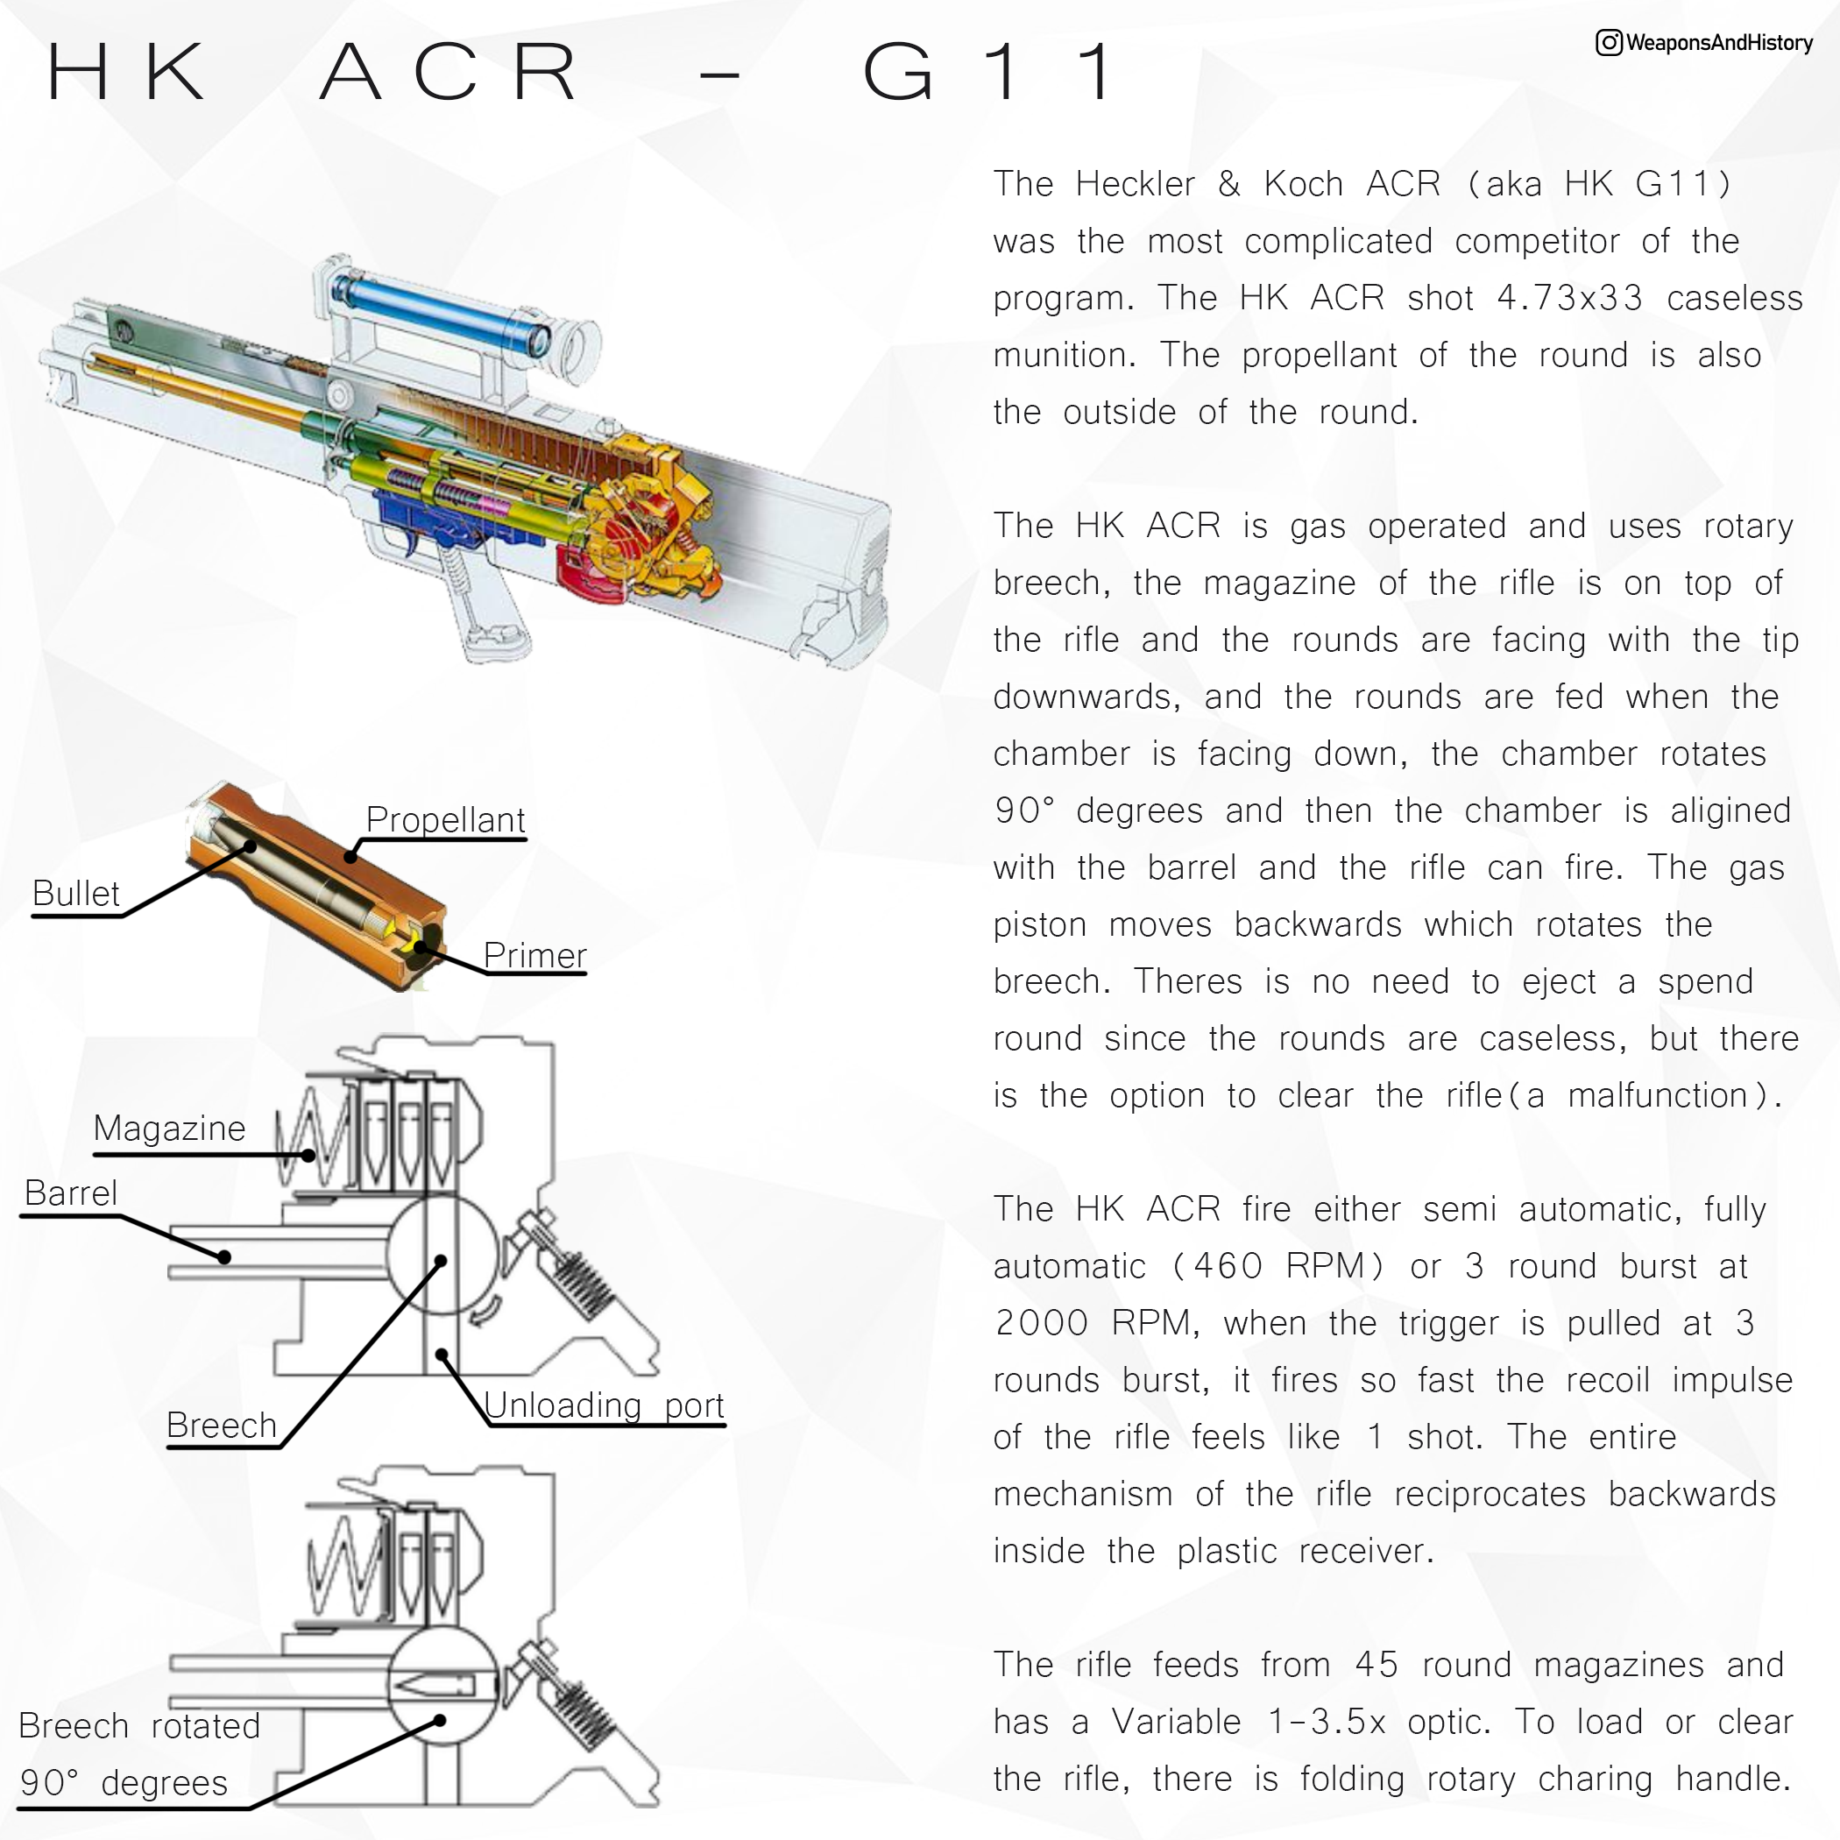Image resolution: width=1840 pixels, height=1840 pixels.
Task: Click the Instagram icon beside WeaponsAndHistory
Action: [x=1609, y=43]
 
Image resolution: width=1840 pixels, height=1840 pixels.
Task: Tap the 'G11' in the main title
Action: [x=990, y=72]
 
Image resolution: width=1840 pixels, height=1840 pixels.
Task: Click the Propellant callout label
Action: [x=445, y=820]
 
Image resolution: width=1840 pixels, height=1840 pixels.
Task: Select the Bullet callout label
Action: [x=76, y=894]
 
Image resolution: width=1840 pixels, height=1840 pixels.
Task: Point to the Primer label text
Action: [x=534, y=955]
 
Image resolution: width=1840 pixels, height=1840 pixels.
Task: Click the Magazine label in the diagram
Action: [x=169, y=1129]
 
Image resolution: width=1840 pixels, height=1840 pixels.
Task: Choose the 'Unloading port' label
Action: [x=604, y=1405]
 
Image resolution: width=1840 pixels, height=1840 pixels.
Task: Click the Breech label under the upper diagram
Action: [x=221, y=1426]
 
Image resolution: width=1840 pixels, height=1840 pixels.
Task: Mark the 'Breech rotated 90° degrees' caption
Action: [x=138, y=1754]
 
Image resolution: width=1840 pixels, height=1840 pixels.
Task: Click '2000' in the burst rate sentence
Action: [x=1041, y=1323]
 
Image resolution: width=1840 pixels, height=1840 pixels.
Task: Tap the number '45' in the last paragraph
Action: [x=1376, y=1665]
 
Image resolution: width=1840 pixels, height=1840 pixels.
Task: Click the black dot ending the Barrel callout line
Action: [x=225, y=1257]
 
